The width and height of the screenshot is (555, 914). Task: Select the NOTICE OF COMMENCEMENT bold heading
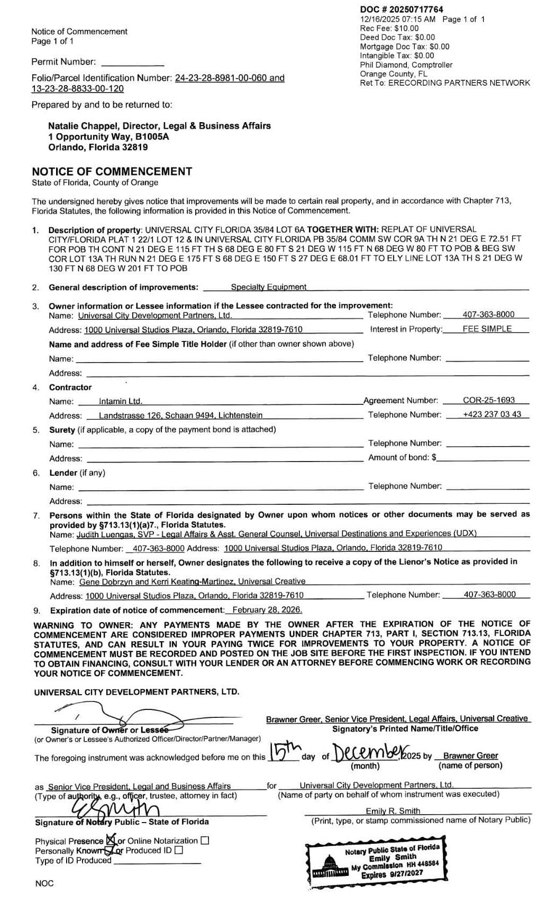pyautogui.click(x=112, y=171)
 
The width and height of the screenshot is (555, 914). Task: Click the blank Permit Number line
pyautogui.click(x=132, y=62)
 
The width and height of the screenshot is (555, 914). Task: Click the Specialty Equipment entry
pyautogui.click(x=268, y=287)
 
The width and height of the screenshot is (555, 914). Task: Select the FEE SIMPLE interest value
pyautogui.click(x=487, y=329)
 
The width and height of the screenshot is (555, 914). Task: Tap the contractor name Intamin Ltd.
pyautogui.click(x=120, y=401)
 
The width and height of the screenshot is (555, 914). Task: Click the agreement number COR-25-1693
pyautogui.click(x=488, y=400)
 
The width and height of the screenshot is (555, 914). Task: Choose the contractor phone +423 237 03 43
pyautogui.click(x=492, y=414)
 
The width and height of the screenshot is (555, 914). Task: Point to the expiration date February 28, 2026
pyautogui.click(x=267, y=610)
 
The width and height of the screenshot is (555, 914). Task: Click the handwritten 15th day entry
pyautogui.click(x=284, y=751)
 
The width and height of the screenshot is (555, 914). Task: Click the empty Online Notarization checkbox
pyautogui.click(x=205, y=841)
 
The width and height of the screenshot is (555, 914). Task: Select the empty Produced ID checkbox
pyautogui.click(x=179, y=851)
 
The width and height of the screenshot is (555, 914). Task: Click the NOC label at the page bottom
pyautogui.click(x=44, y=883)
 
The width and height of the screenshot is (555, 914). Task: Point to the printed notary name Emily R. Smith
pyautogui.click(x=393, y=811)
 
